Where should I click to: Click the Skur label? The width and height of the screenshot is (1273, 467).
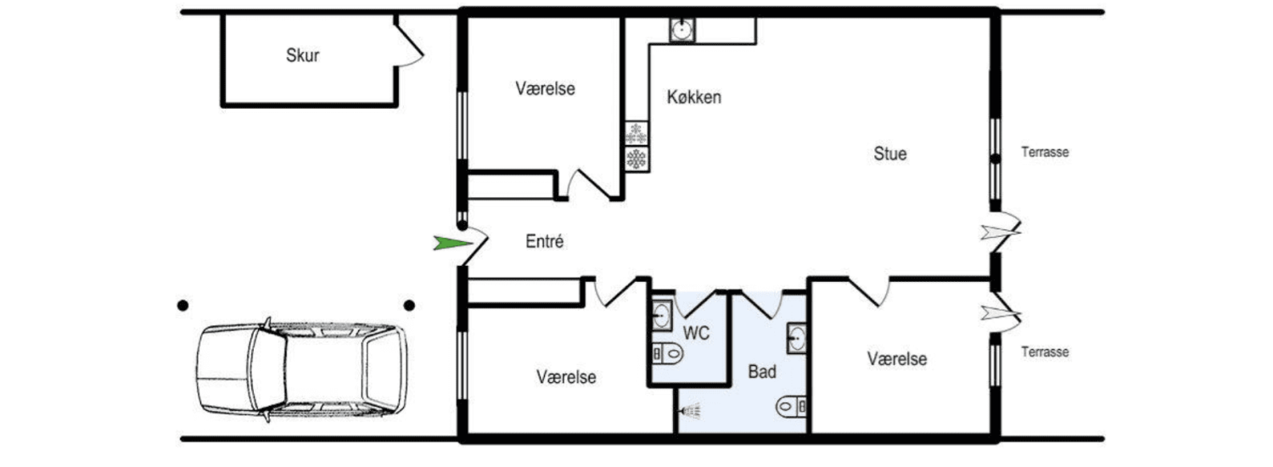pos(302,55)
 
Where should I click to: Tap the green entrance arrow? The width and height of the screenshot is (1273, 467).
pos(452,244)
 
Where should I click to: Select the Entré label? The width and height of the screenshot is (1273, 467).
pos(545,241)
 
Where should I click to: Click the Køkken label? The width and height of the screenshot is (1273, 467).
pos(694,98)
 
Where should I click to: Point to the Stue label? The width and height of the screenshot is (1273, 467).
pos(890,154)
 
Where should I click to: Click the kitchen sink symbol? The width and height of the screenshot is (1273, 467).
pos(682,30)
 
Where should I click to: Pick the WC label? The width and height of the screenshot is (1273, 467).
pos(696,333)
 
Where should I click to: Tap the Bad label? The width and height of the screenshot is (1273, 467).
pos(762,371)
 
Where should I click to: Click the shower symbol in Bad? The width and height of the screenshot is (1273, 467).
pos(690,410)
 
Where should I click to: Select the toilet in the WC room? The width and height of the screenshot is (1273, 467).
pos(668,354)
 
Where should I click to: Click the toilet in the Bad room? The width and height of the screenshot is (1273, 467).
pos(792,407)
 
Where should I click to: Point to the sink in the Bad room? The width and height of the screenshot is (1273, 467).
pos(797,339)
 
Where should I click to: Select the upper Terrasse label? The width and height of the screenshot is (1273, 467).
pos(1045,153)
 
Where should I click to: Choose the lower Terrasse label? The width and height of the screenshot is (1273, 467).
pos(1045,352)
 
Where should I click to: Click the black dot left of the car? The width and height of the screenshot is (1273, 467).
pos(182,306)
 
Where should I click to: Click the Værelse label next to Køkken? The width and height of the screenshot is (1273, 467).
pos(545,89)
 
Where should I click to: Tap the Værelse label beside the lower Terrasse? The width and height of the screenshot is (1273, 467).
pos(897,359)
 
